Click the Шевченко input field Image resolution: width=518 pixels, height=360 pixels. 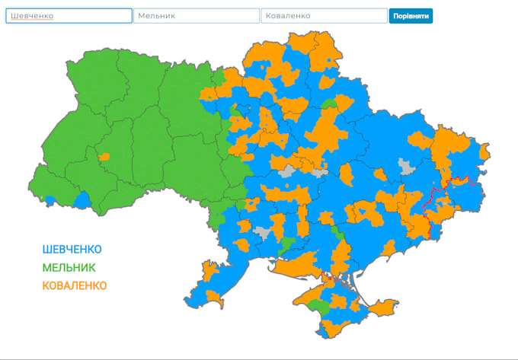[69, 16]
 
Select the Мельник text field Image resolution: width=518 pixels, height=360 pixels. [197, 16]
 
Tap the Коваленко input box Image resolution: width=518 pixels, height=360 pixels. [324, 16]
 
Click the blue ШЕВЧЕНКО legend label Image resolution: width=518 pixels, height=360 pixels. [72, 250]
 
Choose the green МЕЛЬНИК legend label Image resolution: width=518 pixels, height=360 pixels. [69, 268]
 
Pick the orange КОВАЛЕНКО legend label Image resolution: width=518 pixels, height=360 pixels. [75, 286]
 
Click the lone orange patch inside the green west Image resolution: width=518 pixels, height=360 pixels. [104, 157]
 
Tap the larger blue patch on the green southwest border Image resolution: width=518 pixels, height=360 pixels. [82, 199]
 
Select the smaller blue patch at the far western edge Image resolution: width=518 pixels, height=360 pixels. [50, 200]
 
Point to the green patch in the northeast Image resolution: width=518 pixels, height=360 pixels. [329, 104]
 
